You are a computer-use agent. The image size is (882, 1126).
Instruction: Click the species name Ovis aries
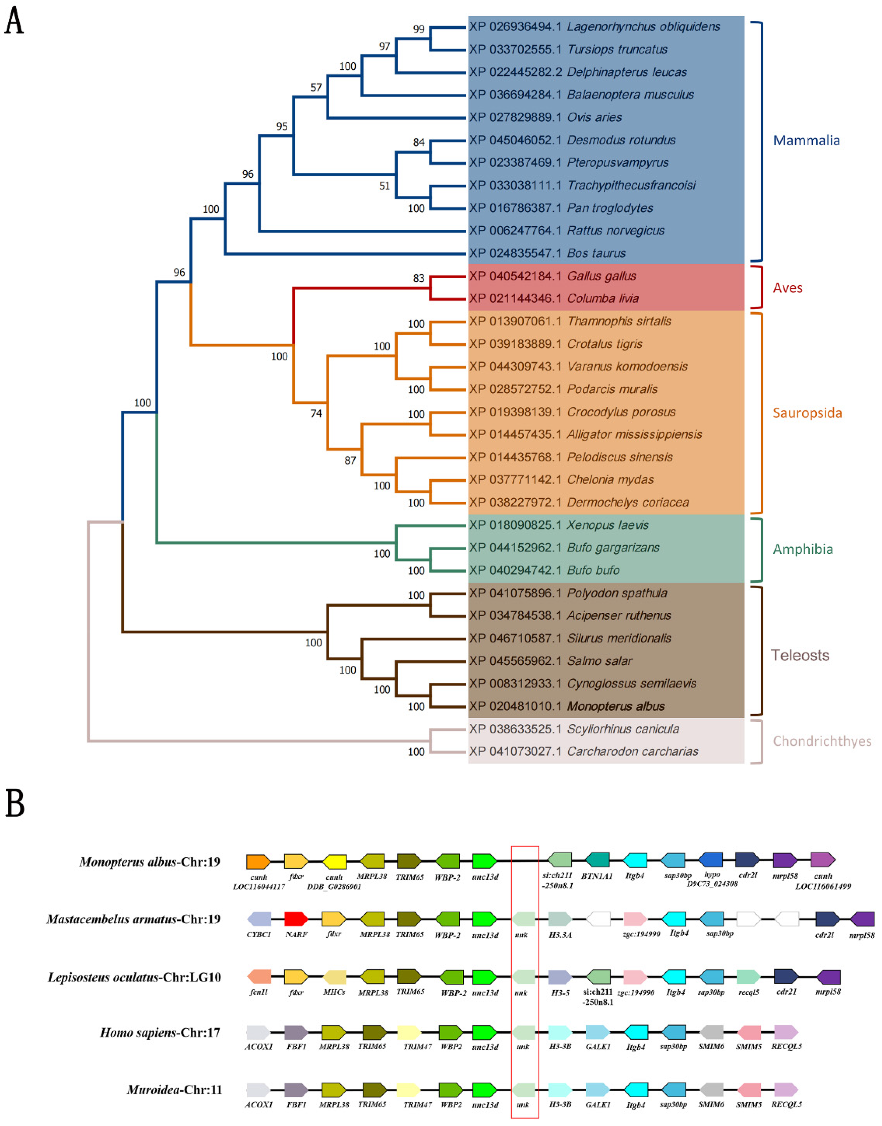click(594, 117)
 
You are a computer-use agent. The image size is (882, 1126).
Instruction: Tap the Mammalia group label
click(806, 140)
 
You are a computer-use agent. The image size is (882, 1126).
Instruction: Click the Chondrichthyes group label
click(821, 741)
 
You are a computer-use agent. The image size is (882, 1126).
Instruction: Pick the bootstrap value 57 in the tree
click(316, 87)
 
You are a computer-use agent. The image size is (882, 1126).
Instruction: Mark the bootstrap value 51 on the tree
click(385, 186)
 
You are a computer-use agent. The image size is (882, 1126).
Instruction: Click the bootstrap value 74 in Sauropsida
click(316, 413)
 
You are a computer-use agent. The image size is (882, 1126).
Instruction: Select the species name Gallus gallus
click(602, 276)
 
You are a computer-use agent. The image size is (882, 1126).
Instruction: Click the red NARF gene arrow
click(296, 918)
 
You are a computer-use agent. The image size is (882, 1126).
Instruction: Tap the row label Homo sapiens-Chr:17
click(160, 1032)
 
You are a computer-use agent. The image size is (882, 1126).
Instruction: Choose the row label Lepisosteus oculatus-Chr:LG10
click(134, 977)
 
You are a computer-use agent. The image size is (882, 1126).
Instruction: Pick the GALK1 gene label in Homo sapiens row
click(598, 1046)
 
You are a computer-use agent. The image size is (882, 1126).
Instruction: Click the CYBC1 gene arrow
click(259, 918)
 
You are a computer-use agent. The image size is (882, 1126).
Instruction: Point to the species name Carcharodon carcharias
click(633, 751)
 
